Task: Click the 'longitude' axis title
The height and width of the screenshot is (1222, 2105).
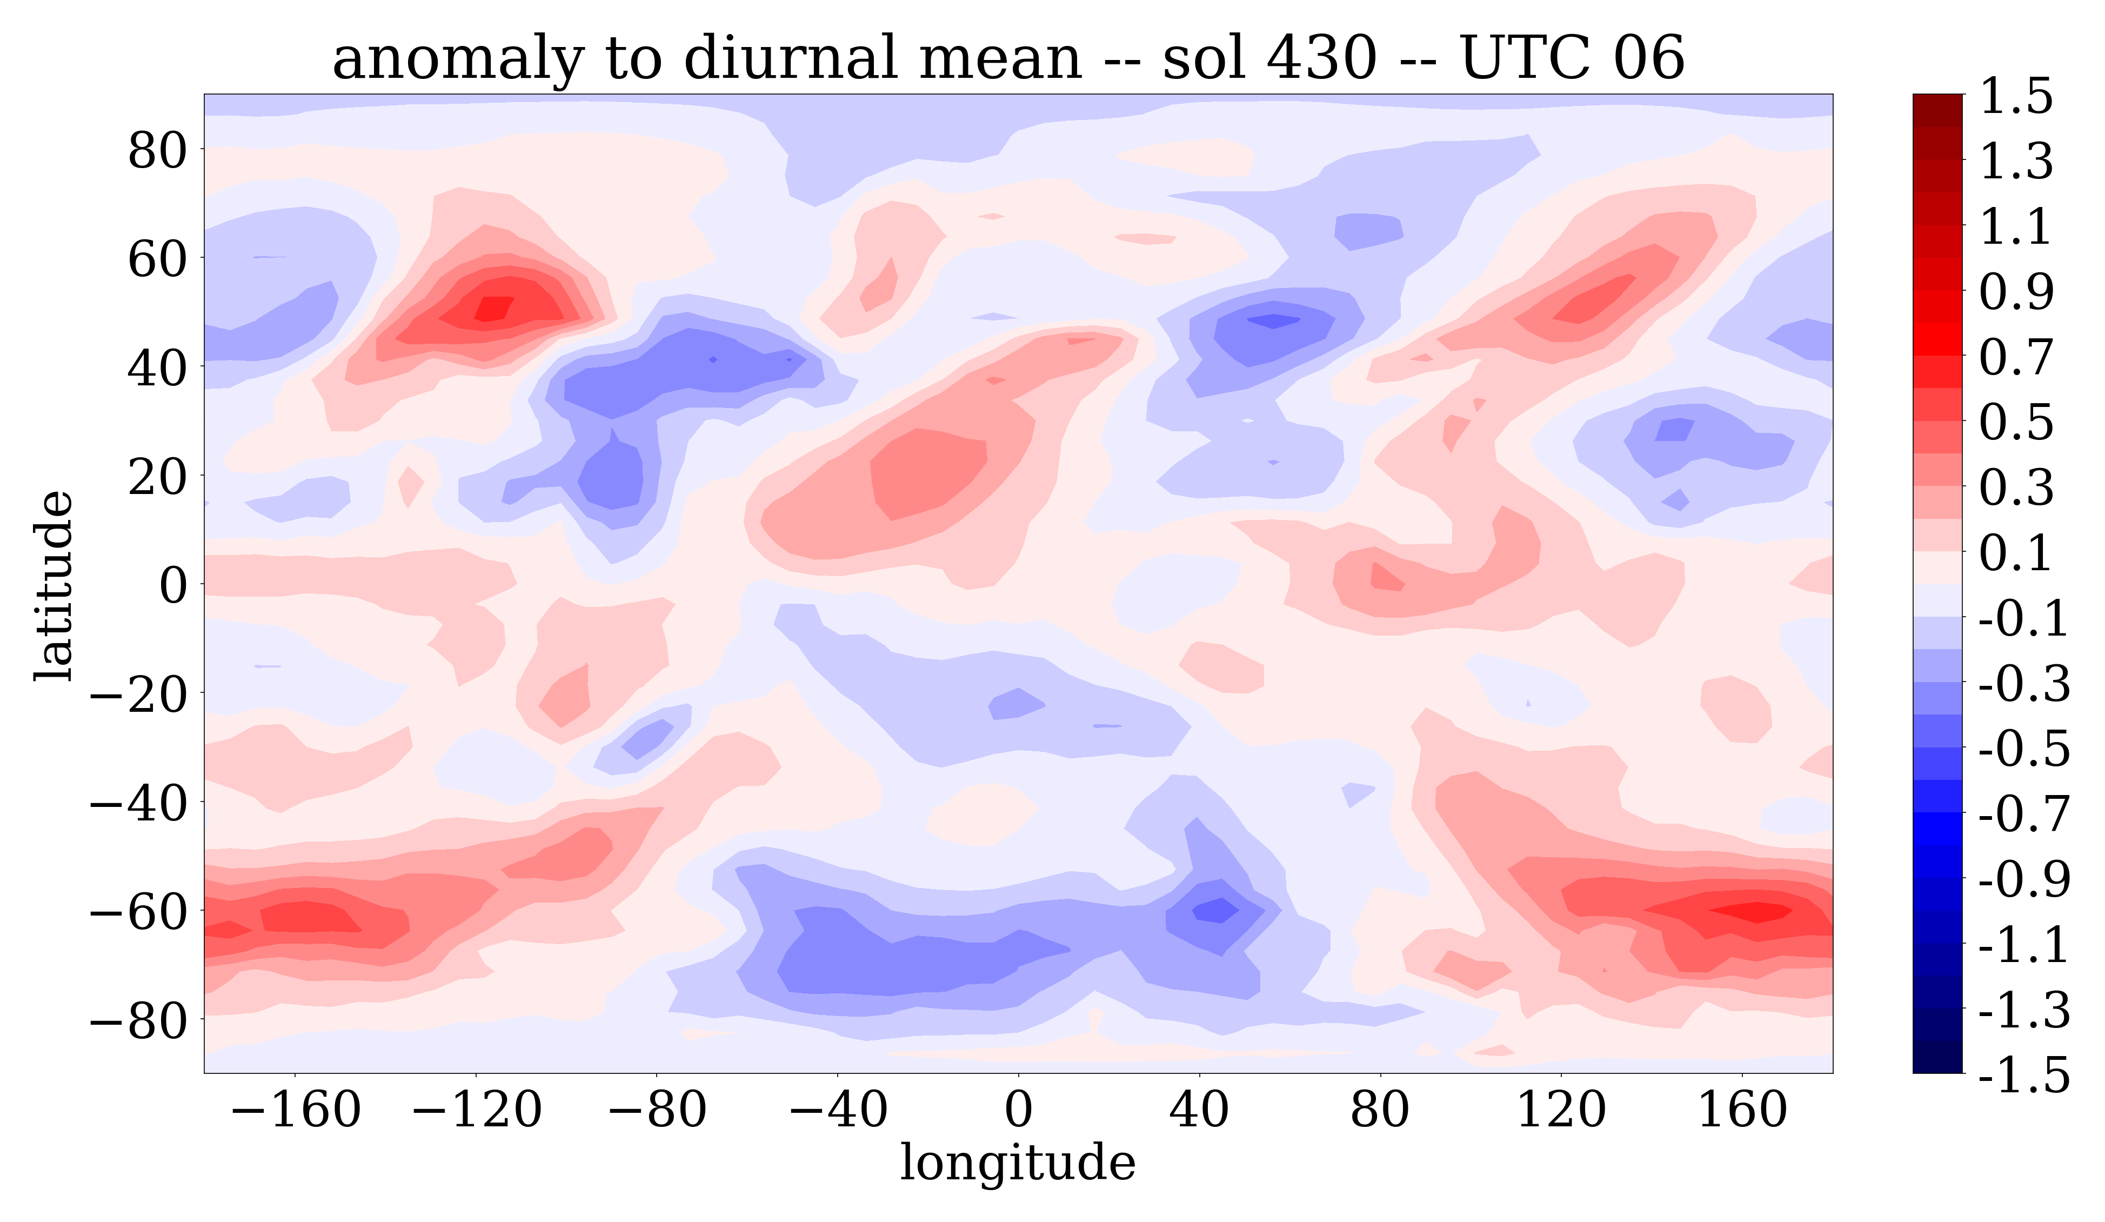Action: pyautogui.click(x=1018, y=1163)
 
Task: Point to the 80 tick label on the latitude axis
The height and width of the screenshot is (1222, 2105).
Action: pyautogui.click(x=157, y=151)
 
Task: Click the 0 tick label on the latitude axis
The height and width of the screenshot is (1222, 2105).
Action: pyautogui.click(x=175, y=585)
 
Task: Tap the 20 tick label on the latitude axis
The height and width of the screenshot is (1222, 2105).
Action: pyautogui.click(x=157, y=477)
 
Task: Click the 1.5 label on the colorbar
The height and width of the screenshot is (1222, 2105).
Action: pyautogui.click(x=2016, y=96)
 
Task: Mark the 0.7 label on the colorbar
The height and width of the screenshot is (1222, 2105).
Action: pyautogui.click(x=2016, y=357)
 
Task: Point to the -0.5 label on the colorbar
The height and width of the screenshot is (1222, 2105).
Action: pyautogui.click(x=2024, y=749)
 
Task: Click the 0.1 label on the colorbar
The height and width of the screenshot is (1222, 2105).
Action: pyautogui.click(x=2016, y=553)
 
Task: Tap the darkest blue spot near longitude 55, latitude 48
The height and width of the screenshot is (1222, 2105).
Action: pyautogui.click(x=1273, y=320)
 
